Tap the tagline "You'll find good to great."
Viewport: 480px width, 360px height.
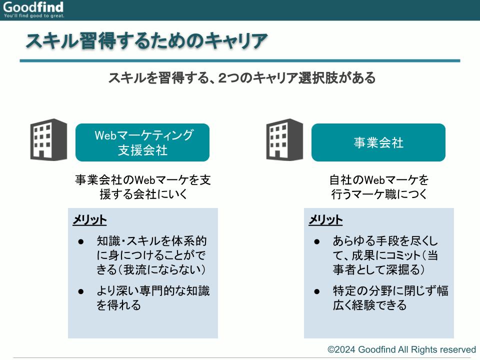[34, 15]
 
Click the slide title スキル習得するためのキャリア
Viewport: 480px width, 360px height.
[147, 40]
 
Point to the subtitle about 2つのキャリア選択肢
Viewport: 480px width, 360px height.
[242, 78]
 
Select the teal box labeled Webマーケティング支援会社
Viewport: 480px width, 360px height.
[142, 142]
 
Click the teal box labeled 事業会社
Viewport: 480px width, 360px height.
[378, 142]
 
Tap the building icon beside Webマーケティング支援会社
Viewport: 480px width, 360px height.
[48, 139]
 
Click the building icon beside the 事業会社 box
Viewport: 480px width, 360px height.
[284, 139]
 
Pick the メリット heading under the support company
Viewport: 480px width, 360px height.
[89, 220]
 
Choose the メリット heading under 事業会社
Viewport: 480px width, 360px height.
[325, 220]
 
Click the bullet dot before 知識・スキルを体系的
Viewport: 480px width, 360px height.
[81, 242]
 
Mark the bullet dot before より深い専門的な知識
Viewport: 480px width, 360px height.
[81, 291]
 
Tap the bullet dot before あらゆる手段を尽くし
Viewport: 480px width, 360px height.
[317, 242]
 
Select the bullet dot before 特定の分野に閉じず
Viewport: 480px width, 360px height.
[317, 291]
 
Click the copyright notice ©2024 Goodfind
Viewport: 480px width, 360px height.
[401, 349]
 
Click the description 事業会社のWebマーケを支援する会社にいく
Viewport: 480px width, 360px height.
[143, 186]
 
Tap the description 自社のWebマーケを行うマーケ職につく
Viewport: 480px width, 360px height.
[379, 186]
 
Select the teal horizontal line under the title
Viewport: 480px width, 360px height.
[240, 60]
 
